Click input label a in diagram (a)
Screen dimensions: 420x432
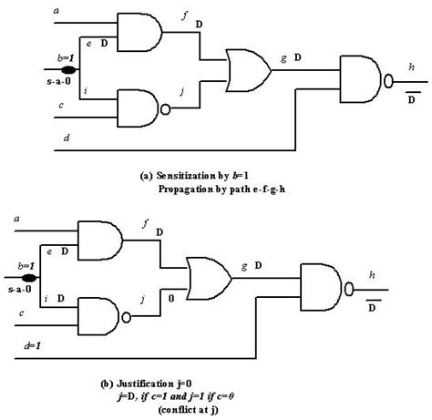point(58,9)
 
